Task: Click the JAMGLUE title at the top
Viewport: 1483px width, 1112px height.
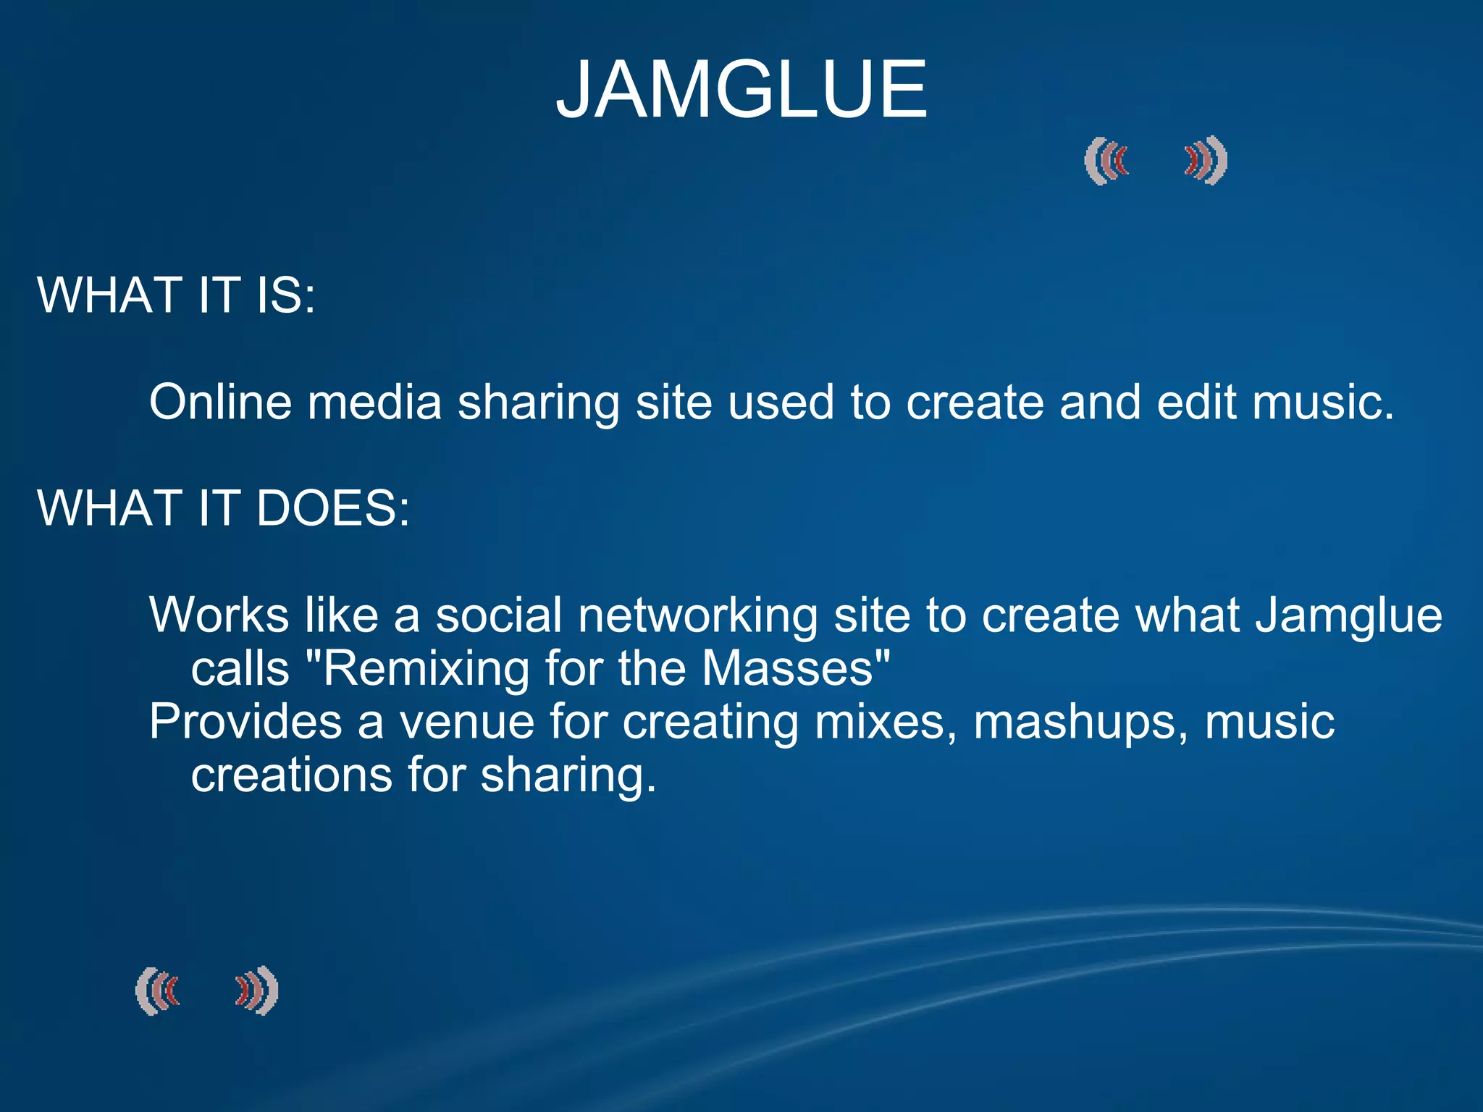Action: click(x=741, y=90)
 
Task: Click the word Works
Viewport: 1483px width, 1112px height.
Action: click(x=219, y=615)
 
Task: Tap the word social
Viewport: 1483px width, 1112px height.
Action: click(x=499, y=615)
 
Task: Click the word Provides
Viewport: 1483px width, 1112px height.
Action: click(x=245, y=722)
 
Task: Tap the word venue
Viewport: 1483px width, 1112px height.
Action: click(x=467, y=722)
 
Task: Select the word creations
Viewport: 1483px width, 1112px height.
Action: click(x=291, y=775)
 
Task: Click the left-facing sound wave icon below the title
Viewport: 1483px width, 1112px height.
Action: click(x=1106, y=161)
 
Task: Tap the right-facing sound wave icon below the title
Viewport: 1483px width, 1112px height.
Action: click(x=1206, y=161)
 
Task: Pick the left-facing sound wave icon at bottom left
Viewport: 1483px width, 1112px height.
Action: click(x=157, y=990)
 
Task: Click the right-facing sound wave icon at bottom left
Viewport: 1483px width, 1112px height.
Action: click(x=257, y=990)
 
